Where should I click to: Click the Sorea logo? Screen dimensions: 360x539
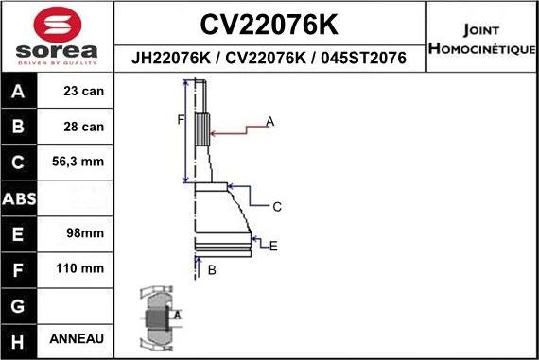pos(57,38)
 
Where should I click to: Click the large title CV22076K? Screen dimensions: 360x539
pos(269,23)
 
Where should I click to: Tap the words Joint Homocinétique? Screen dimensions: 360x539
pos(481,39)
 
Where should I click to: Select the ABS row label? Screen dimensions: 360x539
pos(20,198)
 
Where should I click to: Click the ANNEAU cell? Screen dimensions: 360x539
pos(77,338)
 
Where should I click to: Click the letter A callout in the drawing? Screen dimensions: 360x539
pos(269,122)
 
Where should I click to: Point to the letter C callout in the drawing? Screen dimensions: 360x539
pos(277,206)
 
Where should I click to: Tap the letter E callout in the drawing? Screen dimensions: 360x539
pos(272,247)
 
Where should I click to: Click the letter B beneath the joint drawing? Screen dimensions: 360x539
pos(212,270)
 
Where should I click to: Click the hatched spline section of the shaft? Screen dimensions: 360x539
pos(201,128)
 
